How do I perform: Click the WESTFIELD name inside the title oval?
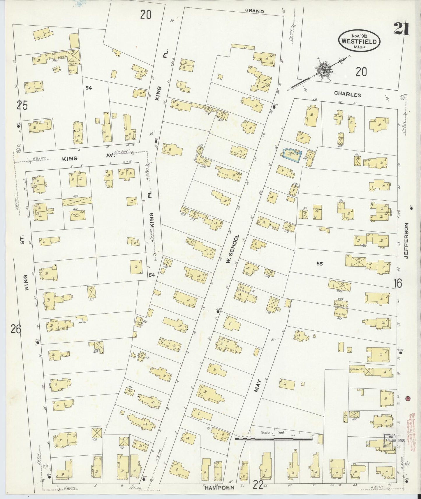coord(359,42)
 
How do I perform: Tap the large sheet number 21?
coord(401,29)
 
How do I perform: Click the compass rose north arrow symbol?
coord(323,70)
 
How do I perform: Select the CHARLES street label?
coord(347,94)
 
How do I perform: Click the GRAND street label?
coord(254,11)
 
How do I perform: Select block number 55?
coord(320,264)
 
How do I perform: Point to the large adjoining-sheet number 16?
coord(398,283)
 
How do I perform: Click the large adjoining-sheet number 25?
coord(22,106)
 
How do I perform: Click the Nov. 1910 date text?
coord(359,35)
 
